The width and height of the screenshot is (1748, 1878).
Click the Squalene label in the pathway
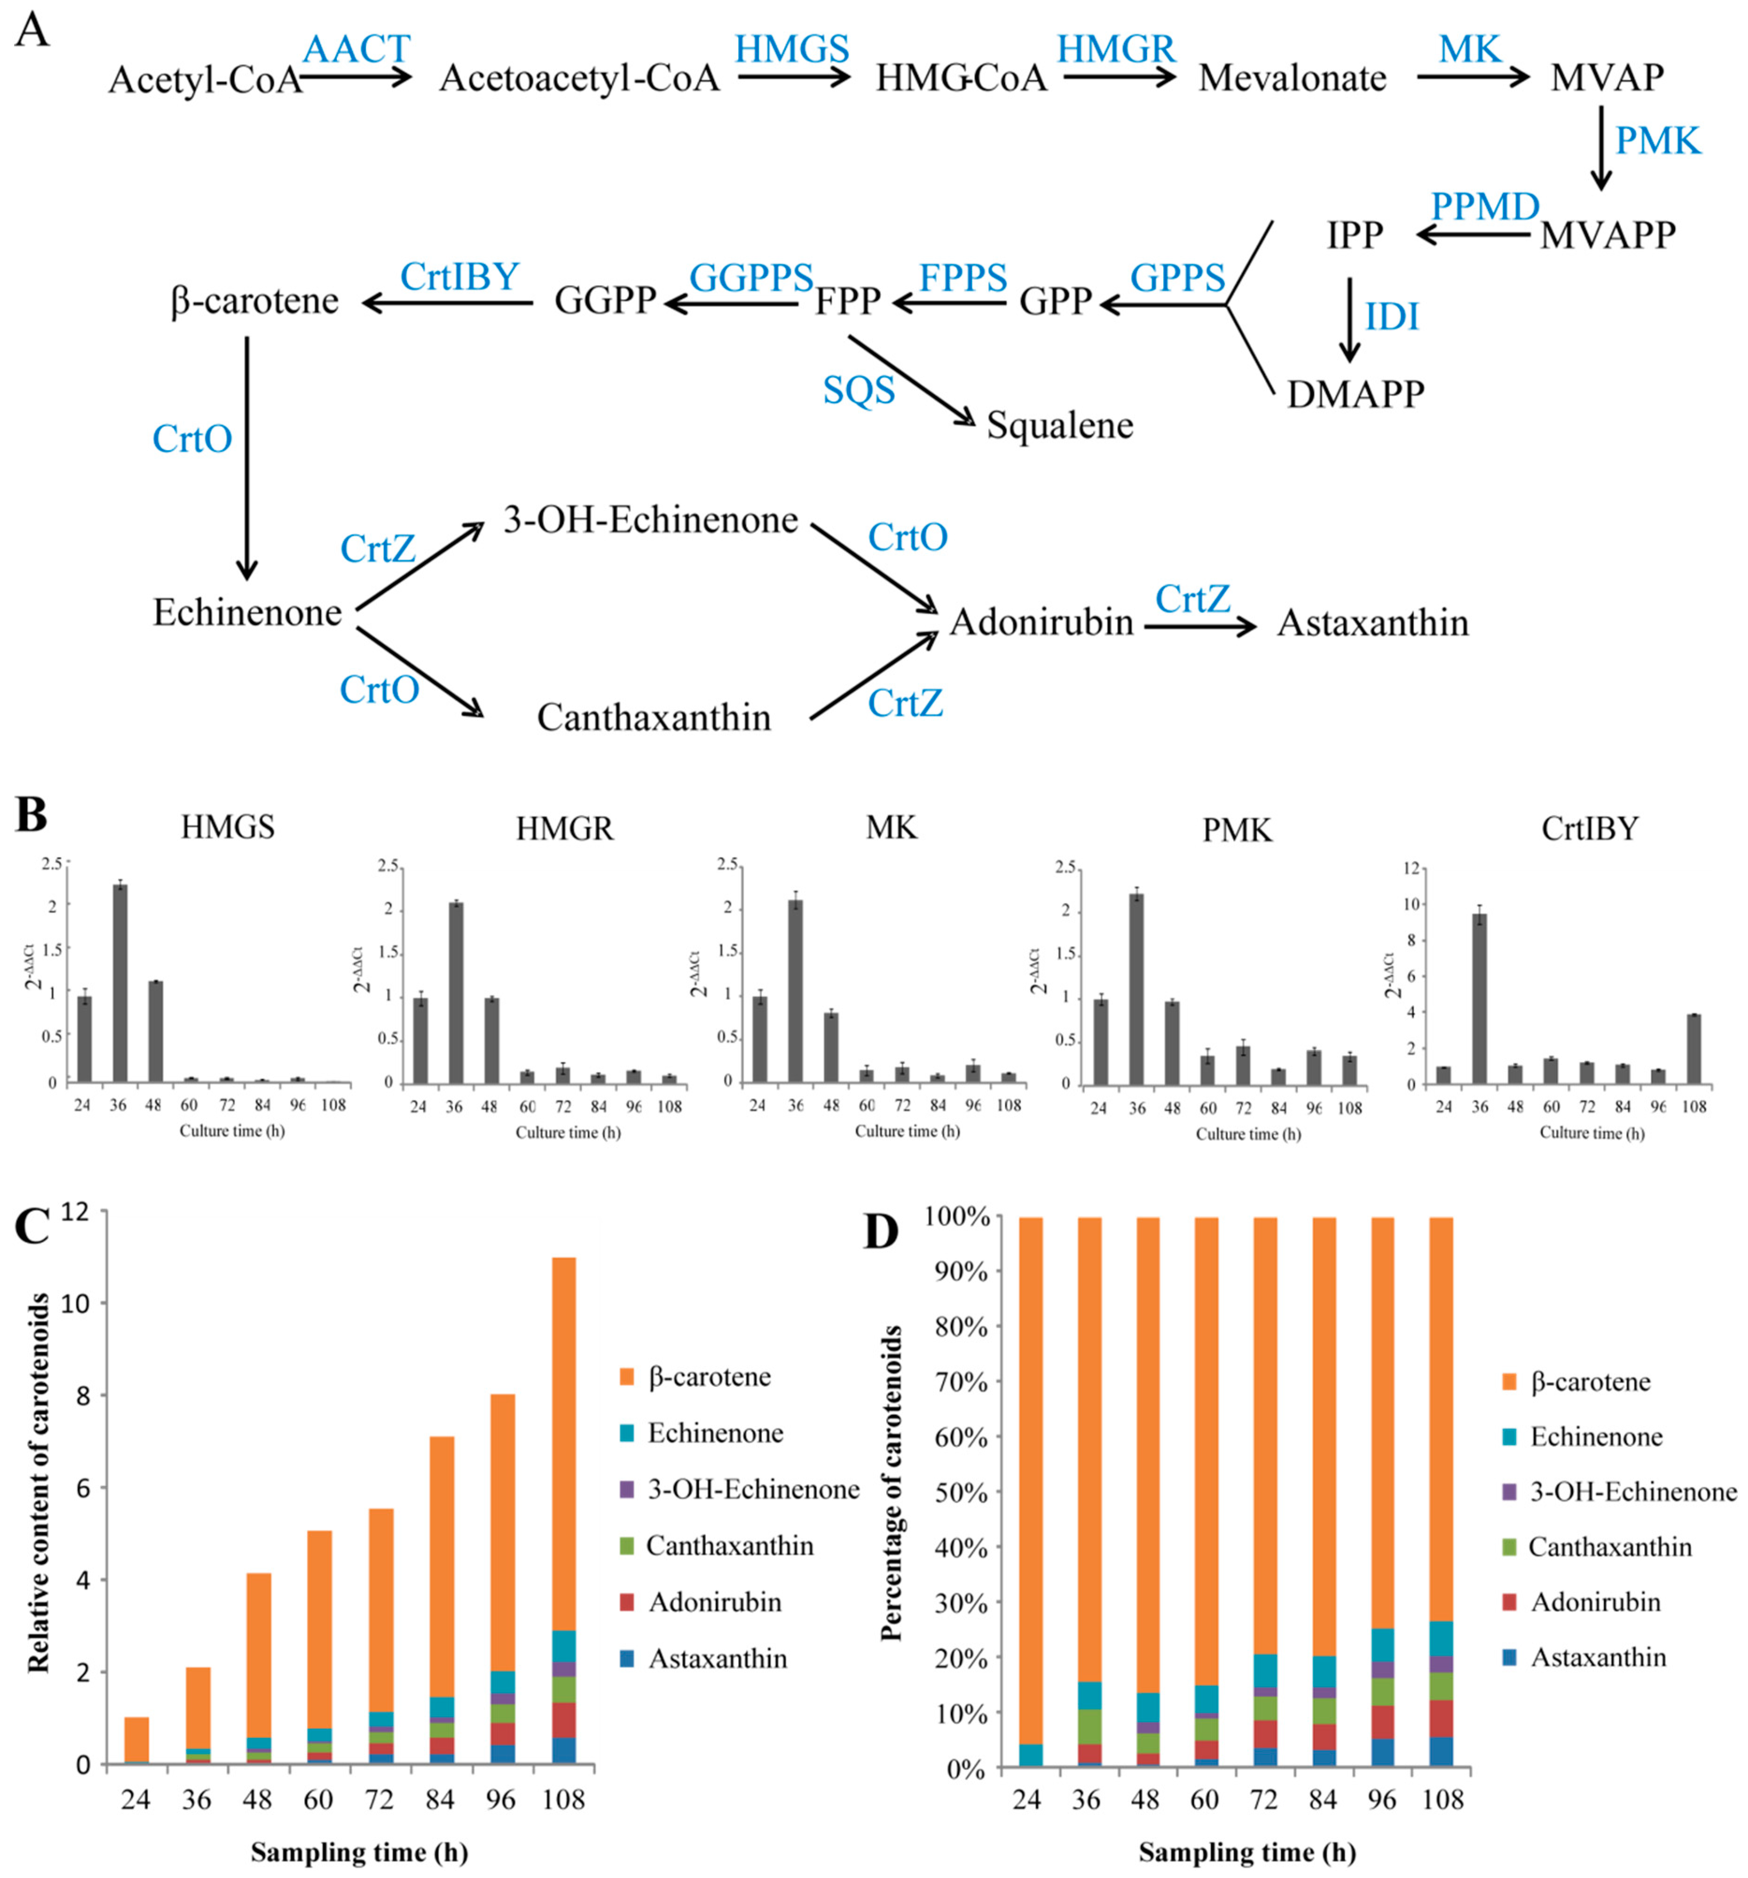click(1060, 426)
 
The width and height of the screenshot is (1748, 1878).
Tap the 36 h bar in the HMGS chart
click(120, 983)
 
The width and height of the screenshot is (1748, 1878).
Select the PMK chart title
click(1237, 830)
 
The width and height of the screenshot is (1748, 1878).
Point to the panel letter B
click(31, 814)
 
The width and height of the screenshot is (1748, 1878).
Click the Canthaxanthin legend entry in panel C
click(729, 1546)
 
